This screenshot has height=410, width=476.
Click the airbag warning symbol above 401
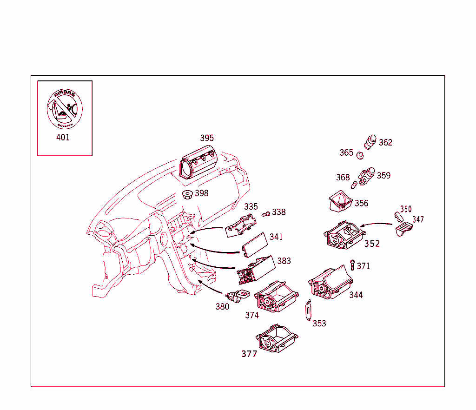click(x=64, y=108)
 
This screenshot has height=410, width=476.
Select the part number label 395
click(x=207, y=138)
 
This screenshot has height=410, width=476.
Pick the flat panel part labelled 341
click(x=254, y=245)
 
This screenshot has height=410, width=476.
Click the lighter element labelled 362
click(x=371, y=141)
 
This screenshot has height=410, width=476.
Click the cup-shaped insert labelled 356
click(x=341, y=201)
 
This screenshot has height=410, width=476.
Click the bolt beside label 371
click(x=352, y=265)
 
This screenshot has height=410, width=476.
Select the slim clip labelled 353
click(x=308, y=310)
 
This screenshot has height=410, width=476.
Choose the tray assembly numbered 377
click(x=277, y=339)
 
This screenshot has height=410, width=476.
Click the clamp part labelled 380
click(x=239, y=296)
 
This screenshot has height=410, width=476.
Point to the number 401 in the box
click(x=63, y=138)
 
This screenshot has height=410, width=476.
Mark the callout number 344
click(x=356, y=295)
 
